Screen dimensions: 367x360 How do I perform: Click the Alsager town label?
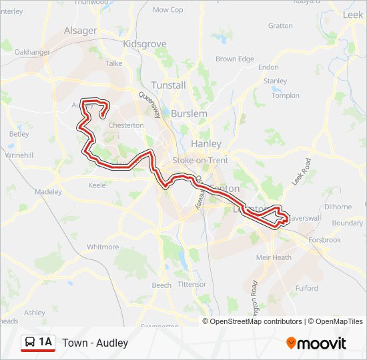click(80, 31)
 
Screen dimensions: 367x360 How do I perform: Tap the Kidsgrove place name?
click(145, 44)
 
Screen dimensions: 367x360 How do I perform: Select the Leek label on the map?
click(352, 14)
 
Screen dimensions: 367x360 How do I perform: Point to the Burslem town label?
click(189, 113)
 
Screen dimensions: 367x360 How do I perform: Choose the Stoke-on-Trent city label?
click(200, 161)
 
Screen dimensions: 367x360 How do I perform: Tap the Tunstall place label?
click(169, 85)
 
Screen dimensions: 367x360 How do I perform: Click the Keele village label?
click(97, 185)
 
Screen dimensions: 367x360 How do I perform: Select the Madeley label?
click(48, 191)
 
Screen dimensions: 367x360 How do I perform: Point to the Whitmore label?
click(103, 247)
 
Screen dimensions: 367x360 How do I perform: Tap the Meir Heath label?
click(274, 257)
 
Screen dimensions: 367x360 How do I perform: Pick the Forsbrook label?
click(324, 241)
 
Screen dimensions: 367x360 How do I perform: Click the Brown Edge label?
click(235, 59)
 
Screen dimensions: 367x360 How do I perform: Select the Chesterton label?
click(125, 125)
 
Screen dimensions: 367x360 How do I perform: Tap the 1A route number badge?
click(45, 343)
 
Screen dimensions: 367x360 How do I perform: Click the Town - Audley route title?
click(95, 343)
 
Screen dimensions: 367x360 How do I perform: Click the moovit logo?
click(316, 343)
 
